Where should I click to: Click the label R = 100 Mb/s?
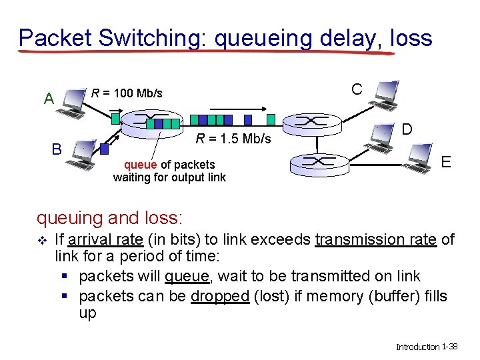coord(127,93)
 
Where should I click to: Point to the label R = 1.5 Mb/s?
coord(233,139)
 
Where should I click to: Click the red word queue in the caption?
coord(141,165)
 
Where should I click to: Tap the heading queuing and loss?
coord(110,217)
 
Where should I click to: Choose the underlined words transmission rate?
coord(376,239)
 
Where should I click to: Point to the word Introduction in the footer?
coord(417,347)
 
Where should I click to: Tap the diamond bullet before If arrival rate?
coord(42,240)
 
